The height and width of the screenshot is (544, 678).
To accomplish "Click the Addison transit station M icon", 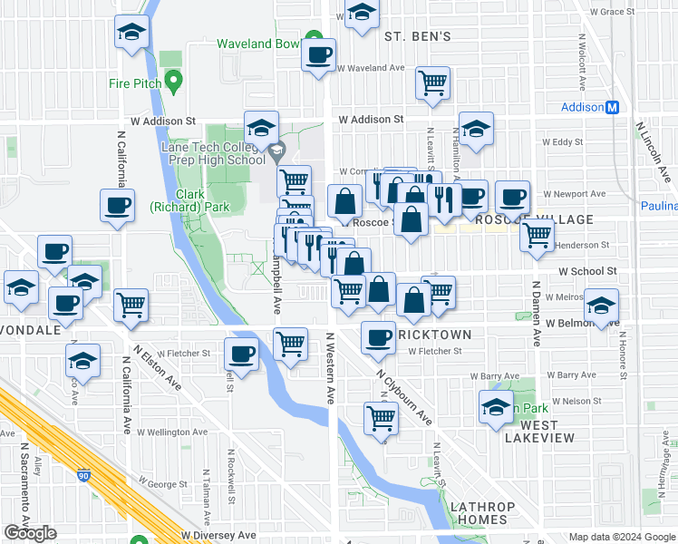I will pos(613,107).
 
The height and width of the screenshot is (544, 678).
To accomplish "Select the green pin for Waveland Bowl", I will pos(313,39).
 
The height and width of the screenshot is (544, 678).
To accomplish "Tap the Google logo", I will pos(30,533).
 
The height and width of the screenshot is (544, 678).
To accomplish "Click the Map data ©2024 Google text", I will pos(621,537).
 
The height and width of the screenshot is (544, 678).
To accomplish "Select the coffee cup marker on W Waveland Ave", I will pos(318,54).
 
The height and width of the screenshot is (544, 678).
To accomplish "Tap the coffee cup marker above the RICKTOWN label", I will pos(378,337).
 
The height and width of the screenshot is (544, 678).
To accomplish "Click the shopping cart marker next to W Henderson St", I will pos(537,234).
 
